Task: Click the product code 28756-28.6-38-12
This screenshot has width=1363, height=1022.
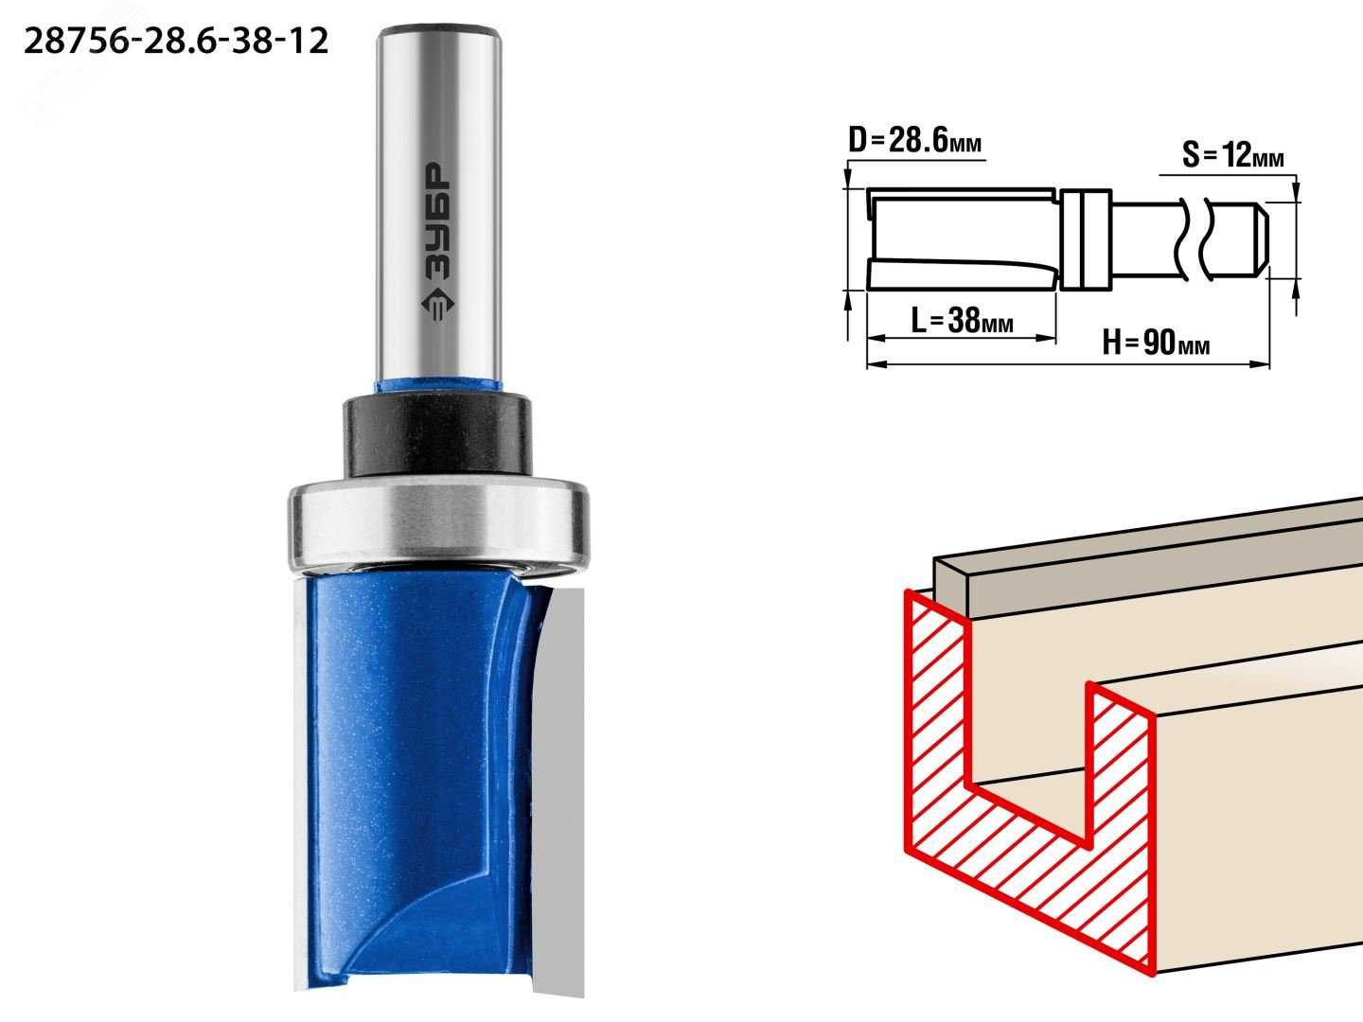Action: coord(176,42)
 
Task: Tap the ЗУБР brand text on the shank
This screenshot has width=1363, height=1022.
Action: coord(437,221)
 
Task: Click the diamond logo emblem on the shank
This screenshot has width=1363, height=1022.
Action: coord(437,304)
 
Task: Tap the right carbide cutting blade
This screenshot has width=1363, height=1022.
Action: coord(558,788)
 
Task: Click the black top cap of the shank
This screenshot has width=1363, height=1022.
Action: coord(439,31)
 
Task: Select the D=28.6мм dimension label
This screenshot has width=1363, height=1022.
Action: coord(914,141)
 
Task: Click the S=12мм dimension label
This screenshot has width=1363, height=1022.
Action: coord(1232,154)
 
